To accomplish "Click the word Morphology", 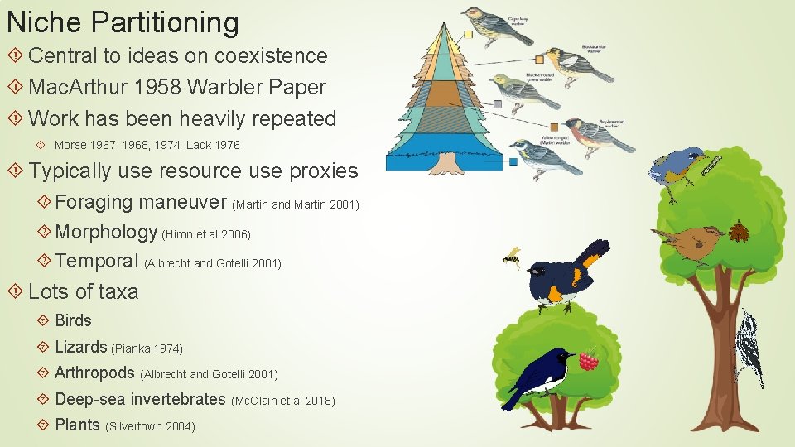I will click(106, 233).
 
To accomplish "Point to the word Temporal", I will click(97, 262).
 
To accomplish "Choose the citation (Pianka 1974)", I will click(147, 348).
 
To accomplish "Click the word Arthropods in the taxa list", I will click(94, 373).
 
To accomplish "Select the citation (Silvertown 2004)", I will click(151, 426).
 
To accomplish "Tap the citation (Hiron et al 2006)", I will click(206, 234).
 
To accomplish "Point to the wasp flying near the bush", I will click(513, 257).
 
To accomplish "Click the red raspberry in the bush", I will click(588, 360).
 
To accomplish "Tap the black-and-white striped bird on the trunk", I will click(750, 348).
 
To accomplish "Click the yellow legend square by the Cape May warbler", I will click(468, 35).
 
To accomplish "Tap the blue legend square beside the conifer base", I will click(513, 162).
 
